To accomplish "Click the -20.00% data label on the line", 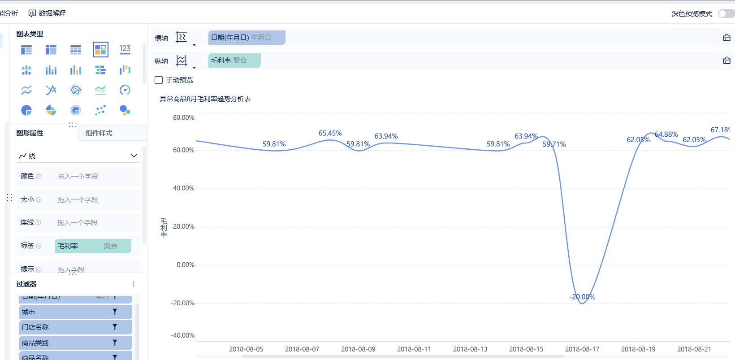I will (x=582, y=297).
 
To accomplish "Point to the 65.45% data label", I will (x=330, y=133).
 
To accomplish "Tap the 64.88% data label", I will (x=666, y=134).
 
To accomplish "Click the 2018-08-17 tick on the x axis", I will (x=582, y=349).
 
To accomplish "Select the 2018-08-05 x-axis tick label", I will (x=246, y=349).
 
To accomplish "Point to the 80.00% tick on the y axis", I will (x=184, y=117).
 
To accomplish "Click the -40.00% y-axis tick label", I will (x=183, y=335).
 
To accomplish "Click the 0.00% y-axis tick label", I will (x=186, y=265).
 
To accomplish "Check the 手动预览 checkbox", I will (x=159, y=80).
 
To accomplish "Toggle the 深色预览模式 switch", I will (x=726, y=13).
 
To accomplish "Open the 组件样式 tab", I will (x=99, y=133).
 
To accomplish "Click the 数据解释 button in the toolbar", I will (x=48, y=13).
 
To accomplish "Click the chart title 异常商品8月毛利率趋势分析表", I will (x=205, y=99).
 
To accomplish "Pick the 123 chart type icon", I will (x=125, y=49).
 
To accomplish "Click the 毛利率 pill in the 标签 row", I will (x=93, y=246).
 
